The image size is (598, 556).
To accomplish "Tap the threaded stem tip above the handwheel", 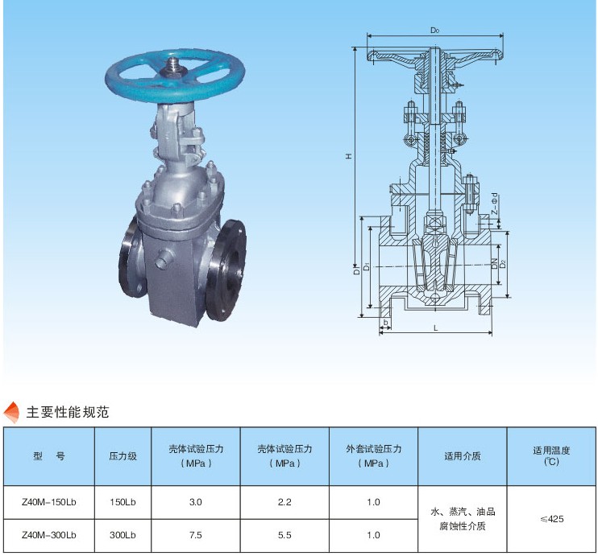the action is pos(174,65).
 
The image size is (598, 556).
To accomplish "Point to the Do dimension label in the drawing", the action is pos(434,30).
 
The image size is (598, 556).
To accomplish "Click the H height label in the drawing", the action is pos(349,156).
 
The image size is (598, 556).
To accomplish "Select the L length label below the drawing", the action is pos(435,328).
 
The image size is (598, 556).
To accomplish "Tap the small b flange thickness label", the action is pos(385,323).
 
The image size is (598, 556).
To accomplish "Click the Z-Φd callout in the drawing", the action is pos(494,204).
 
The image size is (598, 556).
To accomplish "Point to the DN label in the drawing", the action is pos(495,263).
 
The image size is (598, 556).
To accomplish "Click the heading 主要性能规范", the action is pos(68,412).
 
